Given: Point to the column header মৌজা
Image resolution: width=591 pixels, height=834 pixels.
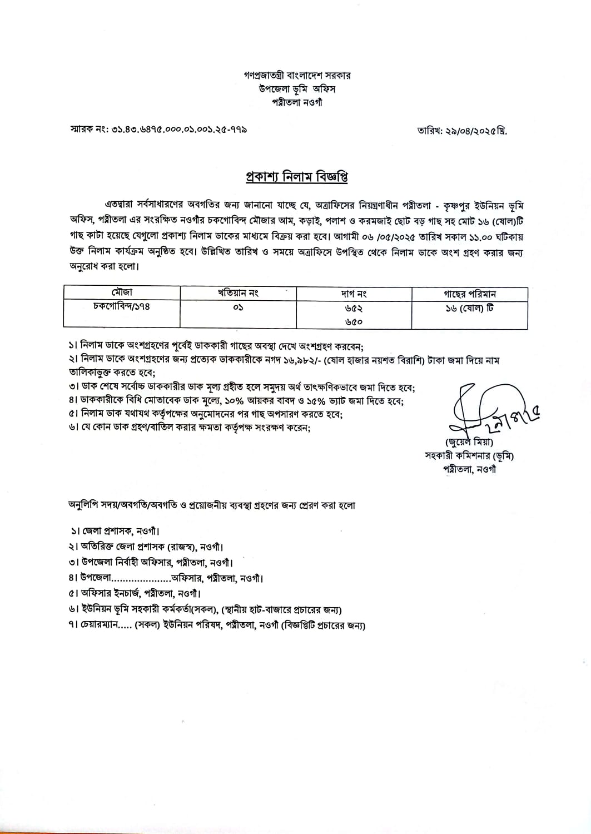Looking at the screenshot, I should point(121,292).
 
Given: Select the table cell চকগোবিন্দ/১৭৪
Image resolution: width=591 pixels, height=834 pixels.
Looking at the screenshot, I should point(121,306).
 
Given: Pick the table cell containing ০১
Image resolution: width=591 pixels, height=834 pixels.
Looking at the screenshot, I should point(238,307).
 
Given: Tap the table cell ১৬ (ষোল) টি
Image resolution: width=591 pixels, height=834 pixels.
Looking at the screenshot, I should point(469,307).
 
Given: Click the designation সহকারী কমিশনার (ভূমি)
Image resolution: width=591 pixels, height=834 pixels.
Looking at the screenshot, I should point(469,456).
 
